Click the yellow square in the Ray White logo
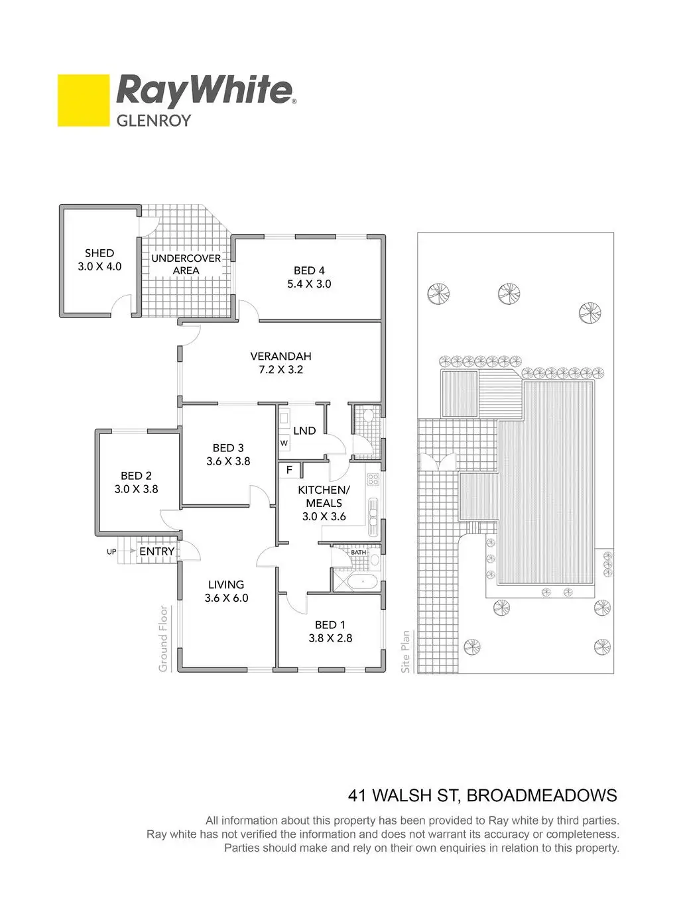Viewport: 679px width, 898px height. tap(83, 100)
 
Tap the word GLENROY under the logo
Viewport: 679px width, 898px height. tap(153, 121)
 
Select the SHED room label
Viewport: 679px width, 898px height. tap(99, 253)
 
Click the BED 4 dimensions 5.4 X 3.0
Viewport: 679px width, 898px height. tap(309, 284)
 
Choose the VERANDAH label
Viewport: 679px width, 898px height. tap(280, 357)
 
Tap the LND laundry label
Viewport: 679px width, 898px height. tap(304, 431)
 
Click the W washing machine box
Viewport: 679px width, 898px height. tap(284, 443)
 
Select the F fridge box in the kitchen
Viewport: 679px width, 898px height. tap(289, 470)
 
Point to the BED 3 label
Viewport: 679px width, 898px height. tap(228, 448)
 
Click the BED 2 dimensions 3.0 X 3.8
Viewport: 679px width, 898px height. tap(136, 490)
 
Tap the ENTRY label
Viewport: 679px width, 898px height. tap(157, 551)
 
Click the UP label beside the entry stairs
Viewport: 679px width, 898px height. tap(111, 551)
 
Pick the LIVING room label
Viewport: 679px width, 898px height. tap(226, 585)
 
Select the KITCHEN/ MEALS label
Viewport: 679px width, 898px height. tap(324, 496)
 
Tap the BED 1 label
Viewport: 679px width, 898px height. tap(330, 625)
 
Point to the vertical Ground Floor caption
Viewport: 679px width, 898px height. tap(164, 639)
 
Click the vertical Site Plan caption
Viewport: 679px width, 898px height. tap(406, 652)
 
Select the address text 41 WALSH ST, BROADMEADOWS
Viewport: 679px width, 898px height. tap(483, 795)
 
